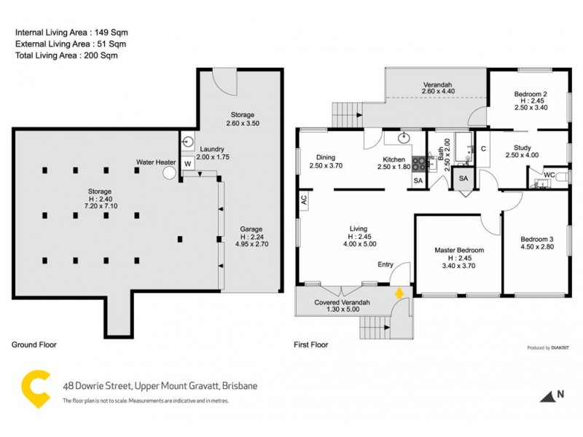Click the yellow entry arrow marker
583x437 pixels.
tap(399, 293)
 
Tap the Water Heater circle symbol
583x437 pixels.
tap(169, 173)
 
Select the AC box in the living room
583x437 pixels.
tap(302, 198)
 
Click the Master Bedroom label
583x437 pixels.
tap(459, 250)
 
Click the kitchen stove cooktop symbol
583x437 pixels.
tap(419, 165)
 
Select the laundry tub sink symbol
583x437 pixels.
tap(187, 142)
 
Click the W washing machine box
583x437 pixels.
tap(187, 164)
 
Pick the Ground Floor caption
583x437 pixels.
tap(34, 345)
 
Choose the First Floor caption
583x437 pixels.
tap(311, 345)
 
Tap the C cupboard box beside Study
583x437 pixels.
tap(483, 149)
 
